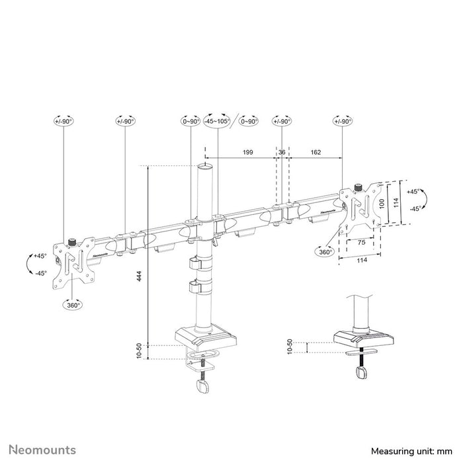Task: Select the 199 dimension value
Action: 247,152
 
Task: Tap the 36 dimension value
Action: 282,152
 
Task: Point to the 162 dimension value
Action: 315,152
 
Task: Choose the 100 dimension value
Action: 380,203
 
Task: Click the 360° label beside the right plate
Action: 325,252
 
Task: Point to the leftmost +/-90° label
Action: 63,121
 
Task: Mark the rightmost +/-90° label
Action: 343,121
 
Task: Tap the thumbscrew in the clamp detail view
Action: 362,374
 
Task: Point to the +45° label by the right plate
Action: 414,191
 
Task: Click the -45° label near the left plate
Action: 40,273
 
